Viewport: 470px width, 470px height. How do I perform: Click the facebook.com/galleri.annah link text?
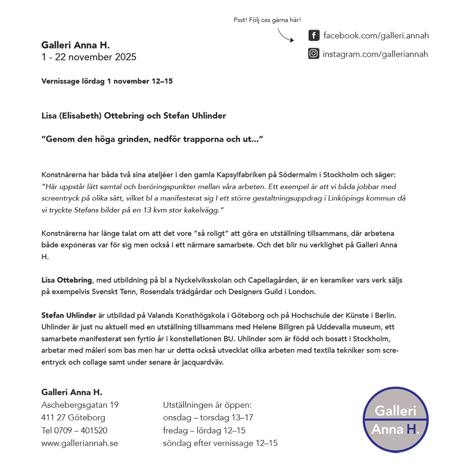[376, 35]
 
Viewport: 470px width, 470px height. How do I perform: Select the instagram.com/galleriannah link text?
[375, 54]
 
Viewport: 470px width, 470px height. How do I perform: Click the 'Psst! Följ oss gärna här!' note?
[267, 20]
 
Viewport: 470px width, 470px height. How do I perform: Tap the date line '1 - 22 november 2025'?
[89, 57]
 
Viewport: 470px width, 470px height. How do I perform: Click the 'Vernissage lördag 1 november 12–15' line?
[107, 81]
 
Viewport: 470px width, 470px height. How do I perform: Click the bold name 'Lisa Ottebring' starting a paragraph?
[67, 280]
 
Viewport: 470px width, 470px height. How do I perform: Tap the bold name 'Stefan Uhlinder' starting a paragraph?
[68, 315]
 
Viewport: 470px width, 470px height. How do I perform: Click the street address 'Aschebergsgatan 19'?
[80, 405]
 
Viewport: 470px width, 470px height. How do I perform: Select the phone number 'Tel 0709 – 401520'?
[74, 430]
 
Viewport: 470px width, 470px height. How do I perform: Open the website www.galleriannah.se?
[80, 443]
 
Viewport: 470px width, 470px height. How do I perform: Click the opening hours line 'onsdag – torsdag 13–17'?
[208, 418]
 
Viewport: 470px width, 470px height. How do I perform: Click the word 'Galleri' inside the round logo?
[396, 410]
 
